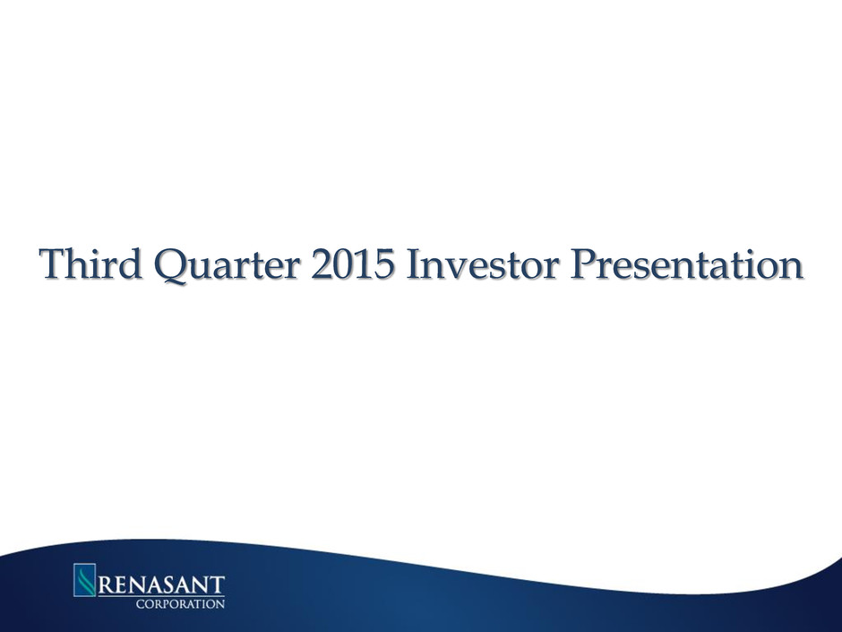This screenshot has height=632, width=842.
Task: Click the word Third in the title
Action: [90, 264]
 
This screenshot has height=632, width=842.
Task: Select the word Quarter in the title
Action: [227, 265]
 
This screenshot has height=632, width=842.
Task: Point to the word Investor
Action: [484, 264]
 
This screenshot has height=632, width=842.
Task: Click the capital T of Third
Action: [53, 264]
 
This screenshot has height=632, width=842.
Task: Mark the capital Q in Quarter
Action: [171, 266]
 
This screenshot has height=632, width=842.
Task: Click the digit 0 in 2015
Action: [342, 264]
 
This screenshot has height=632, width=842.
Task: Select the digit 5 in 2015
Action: [384, 264]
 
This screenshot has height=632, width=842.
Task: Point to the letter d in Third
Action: [132, 264]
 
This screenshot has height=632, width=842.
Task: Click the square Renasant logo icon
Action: [84, 579]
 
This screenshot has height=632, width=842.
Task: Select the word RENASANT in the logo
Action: [161, 584]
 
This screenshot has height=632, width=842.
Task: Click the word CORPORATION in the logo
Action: [180, 604]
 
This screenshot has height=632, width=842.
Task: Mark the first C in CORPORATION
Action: [140, 604]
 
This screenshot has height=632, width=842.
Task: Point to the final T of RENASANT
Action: [218, 585]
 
